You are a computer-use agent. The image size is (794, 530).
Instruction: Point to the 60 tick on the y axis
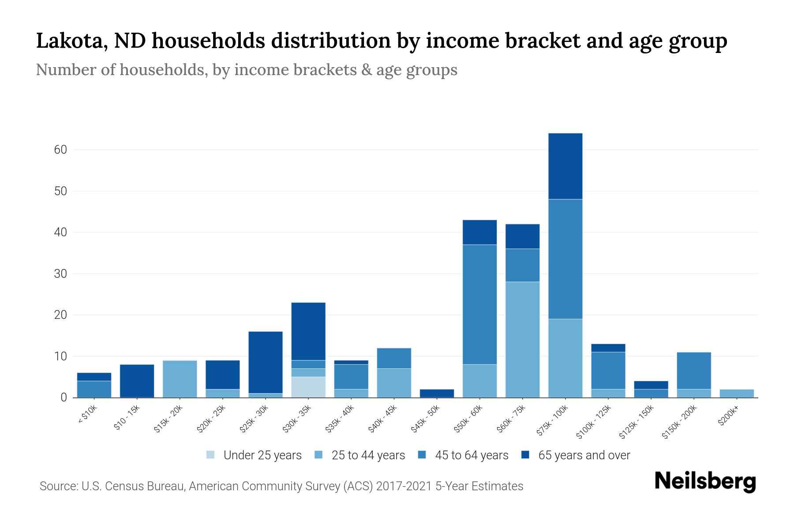pos(60,150)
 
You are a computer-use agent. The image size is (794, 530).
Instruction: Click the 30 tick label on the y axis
pos(60,274)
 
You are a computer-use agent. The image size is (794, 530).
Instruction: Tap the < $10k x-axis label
pos(88,416)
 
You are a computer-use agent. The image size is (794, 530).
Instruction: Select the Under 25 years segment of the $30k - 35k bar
pos(308,387)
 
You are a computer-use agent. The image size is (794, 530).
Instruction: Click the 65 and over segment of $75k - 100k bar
pos(565,166)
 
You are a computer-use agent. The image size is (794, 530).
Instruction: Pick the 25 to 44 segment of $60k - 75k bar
pos(522,339)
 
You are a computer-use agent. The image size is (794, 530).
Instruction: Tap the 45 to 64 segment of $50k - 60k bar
pos(479,304)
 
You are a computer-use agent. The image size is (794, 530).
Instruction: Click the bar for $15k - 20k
pos(180,379)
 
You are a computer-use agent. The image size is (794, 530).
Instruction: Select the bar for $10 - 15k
pos(137,381)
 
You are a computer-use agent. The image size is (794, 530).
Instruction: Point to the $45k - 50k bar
pos(437,393)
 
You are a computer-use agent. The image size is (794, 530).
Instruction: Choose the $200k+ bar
pos(737,393)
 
